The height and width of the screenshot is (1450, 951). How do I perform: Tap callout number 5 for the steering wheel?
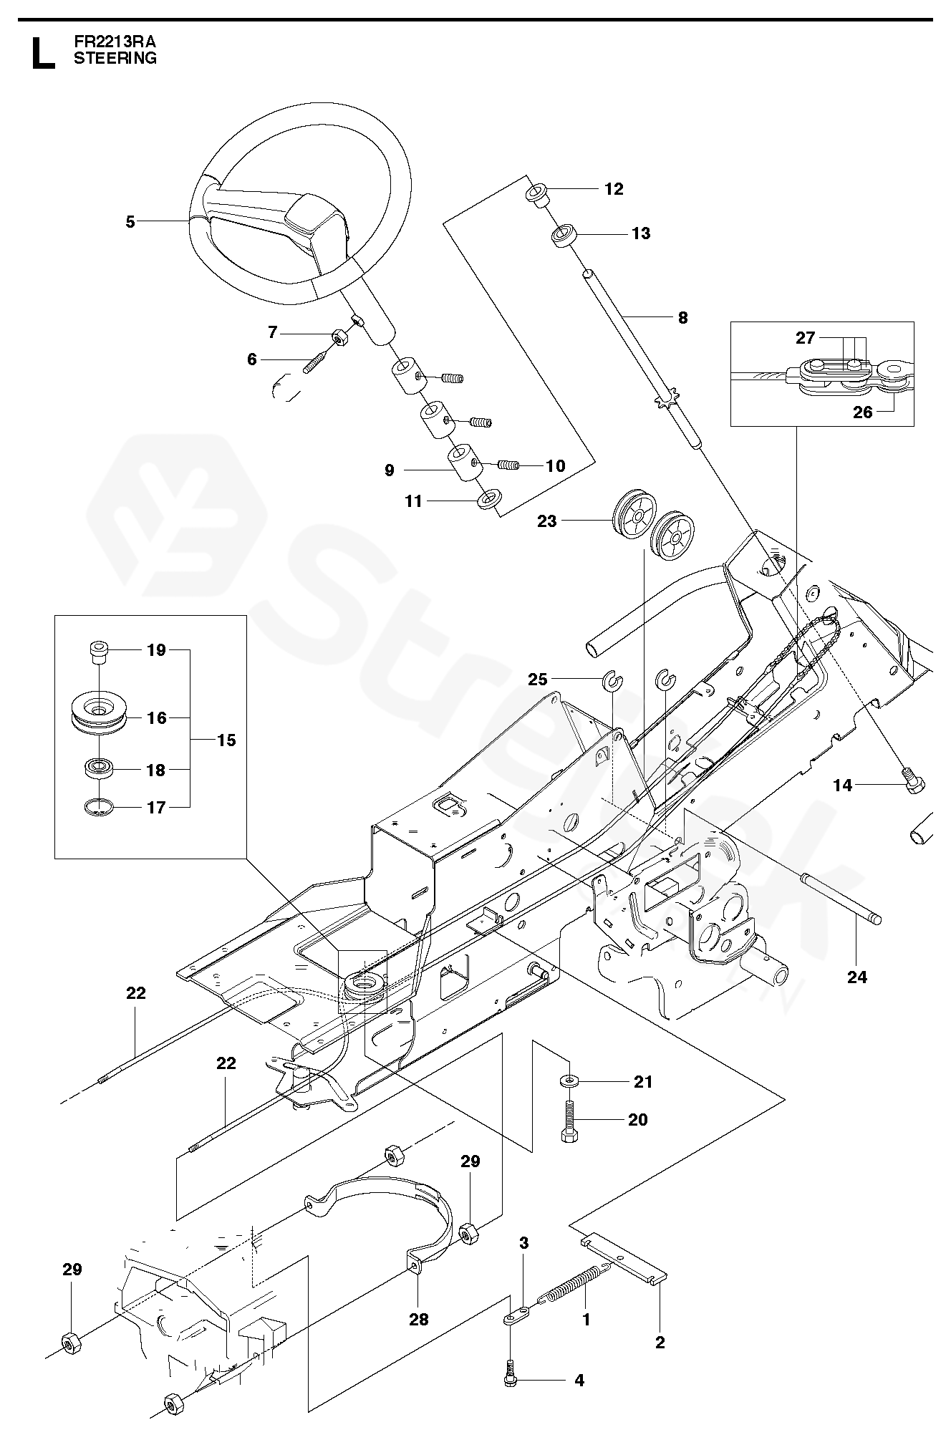click(x=130, y=222)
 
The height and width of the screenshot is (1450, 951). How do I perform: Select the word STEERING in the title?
click(x=115, y=59)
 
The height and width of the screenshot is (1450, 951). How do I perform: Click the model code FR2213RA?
click(x=115, y=42)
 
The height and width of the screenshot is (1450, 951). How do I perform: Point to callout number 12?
click(x=614, y=189)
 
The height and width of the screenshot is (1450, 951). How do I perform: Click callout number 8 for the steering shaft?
click(x=682, y=317)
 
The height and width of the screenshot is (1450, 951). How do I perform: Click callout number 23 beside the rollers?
click(x=546, y=521)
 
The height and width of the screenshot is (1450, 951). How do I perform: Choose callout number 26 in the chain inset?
click(x=863, y=412)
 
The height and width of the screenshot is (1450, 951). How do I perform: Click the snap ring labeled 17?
click(x=97, y=807)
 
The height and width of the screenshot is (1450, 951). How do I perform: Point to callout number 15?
click(x=226, y=740)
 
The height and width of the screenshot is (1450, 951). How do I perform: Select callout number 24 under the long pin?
click(x=856, y=977)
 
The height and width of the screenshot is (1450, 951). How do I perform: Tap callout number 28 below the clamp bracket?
click(x=418, y=1318)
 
